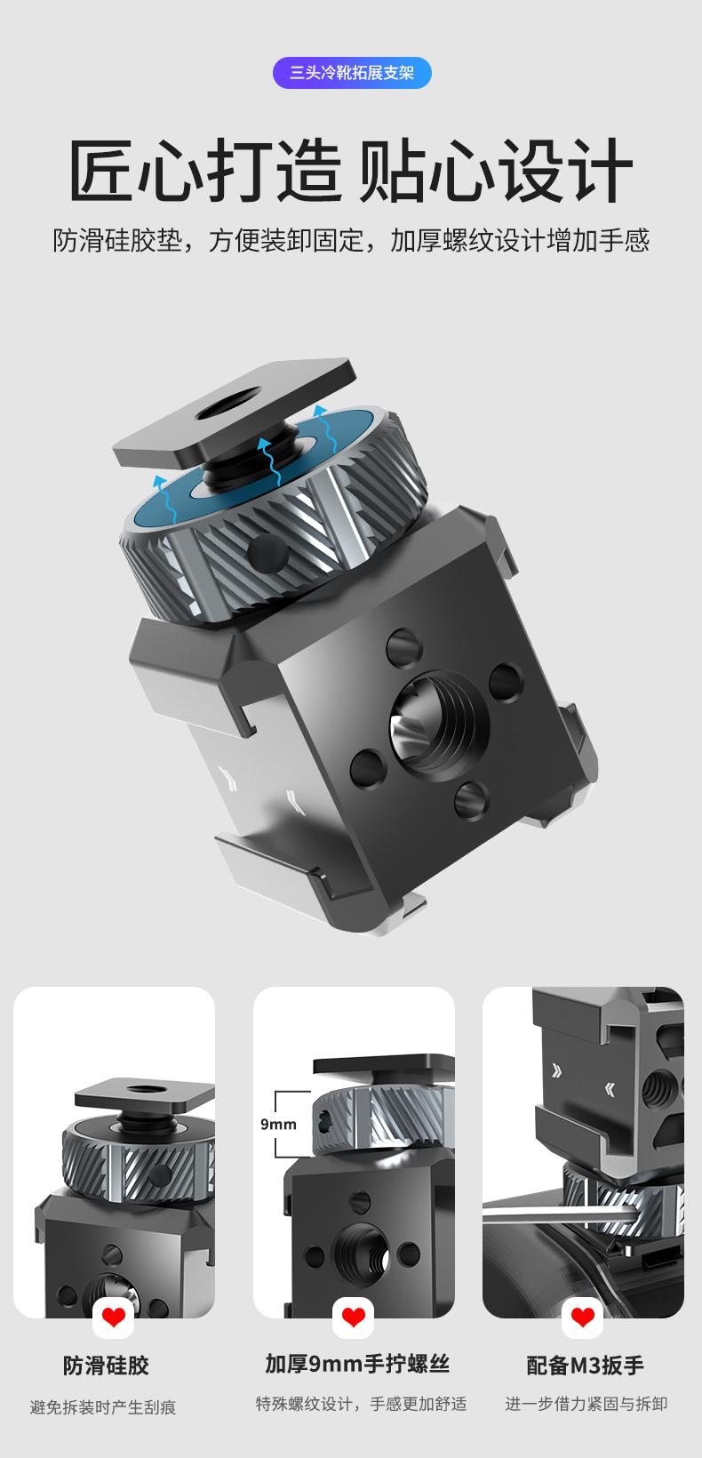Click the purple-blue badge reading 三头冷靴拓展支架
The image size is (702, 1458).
pos(352,72)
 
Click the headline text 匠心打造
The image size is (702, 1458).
pos(205,170)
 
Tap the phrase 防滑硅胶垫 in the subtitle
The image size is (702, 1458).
pos(117,240)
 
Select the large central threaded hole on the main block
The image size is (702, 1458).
pos(438,725)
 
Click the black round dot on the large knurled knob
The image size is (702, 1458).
pos(268,552)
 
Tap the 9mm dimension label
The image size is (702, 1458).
pos(278,1124)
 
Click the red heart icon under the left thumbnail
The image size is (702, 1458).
pos(113,1318)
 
